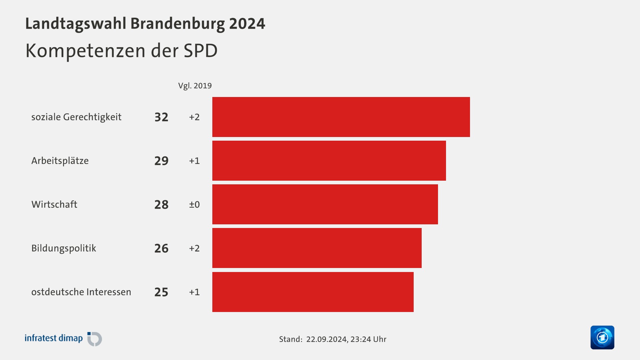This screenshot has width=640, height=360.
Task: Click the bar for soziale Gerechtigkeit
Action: tap(341, 117)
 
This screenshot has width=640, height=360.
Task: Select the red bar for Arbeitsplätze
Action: tap(329, 161)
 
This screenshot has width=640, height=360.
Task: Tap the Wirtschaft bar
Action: tap(325, 204)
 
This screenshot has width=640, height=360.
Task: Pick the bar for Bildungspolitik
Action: tap(317, 248)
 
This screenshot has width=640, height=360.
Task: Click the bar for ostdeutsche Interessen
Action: tap(313, 292)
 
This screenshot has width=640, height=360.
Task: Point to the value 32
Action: tap(161, 117)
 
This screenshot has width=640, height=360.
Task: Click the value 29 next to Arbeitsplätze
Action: tap(161, 161)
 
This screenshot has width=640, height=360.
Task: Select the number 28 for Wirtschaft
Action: tap(161, 204)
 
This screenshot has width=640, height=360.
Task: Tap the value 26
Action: tap(161, 248)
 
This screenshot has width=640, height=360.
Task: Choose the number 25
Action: tap(161, 292)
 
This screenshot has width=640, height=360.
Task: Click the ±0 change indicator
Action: tap(194, 204)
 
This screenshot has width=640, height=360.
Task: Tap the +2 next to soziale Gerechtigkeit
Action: tap(194, 117)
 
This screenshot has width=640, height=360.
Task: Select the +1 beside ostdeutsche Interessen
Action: tap(194, 292)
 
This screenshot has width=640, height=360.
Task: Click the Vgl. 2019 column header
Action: tap(195, 86)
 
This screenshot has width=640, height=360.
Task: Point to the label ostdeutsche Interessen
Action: tap(81, 292)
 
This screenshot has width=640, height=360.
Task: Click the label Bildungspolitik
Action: tap(64, 248)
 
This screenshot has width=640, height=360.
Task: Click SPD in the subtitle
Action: tap(200, 51)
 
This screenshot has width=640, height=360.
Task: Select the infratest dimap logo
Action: tap(63, 339)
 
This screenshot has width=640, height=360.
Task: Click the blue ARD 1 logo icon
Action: tap(602, 337)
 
